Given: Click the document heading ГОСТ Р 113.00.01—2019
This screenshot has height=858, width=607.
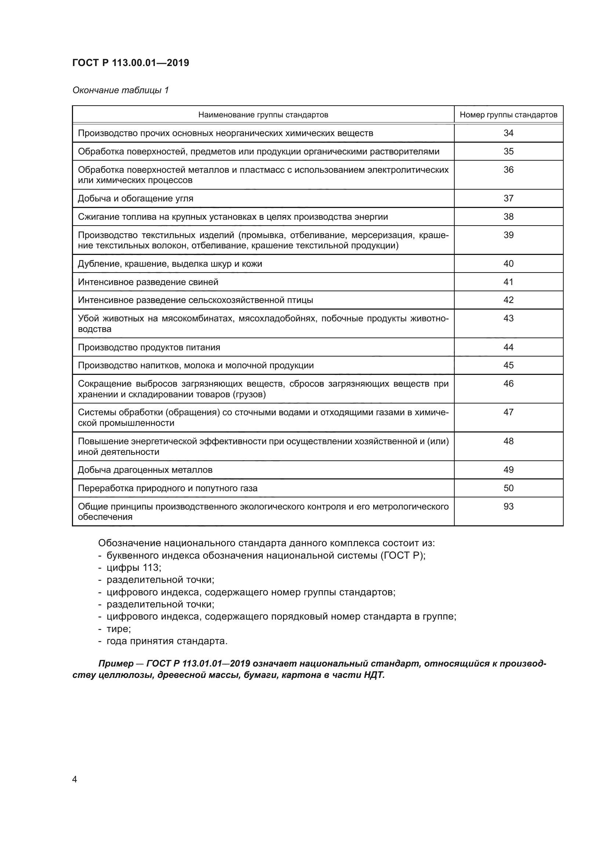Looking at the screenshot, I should (x=130, y=63).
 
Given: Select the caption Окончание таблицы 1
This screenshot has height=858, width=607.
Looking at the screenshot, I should (x=120, y=90).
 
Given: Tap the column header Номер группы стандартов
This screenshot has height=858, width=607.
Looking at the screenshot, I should (x=508, y=115).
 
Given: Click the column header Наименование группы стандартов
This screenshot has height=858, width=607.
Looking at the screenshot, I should (x=263, y=115).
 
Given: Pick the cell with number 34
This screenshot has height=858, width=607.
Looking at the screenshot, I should (x=508, y=133).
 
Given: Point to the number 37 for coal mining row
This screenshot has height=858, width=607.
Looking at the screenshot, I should (x=508, y=198).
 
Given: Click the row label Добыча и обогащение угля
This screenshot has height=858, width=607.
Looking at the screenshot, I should (x=135, y=198).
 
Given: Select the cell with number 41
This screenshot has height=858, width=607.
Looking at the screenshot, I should (x=508, y=282).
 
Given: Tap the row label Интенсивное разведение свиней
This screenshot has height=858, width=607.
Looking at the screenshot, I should (x=148, y=282).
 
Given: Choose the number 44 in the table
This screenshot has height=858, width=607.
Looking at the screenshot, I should (x=508, y=347).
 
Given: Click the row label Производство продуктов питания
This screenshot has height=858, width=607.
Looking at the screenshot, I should (x=149, y=347).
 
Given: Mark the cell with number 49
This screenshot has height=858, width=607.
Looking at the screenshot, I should (x=508, y=470).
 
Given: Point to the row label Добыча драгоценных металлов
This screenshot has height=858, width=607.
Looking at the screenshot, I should (x=145, y=470).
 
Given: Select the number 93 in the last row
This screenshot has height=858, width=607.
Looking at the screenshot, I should (x=508, y=506).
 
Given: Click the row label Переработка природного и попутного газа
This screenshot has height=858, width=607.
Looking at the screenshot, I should (x=167, y=488).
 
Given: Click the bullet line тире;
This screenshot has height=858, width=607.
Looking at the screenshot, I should (x=119, y=629).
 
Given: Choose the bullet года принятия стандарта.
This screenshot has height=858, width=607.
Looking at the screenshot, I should (x=167, y=641).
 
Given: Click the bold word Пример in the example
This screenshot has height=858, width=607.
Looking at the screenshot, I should (x=116, y=664).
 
